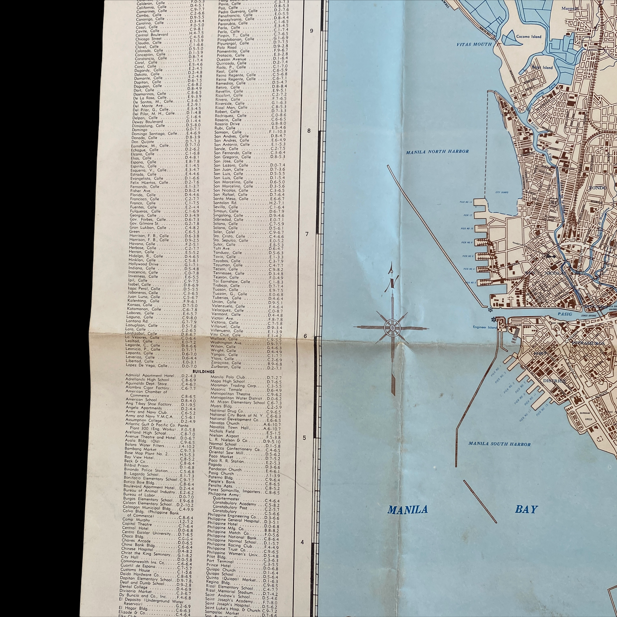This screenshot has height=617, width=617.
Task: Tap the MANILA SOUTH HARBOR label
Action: coord(500,444)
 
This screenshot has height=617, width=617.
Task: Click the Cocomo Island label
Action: coord(529,37)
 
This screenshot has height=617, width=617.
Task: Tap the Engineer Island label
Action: coord(485,327)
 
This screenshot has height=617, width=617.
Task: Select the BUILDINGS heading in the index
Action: coord(203,371)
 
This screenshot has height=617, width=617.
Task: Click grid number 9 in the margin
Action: coord(311,31)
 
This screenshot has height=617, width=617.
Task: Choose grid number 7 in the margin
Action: coord(307,234)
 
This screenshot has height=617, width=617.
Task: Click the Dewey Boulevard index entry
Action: coord(148,122)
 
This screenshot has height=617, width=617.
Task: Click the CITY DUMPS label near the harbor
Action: coord(502,193)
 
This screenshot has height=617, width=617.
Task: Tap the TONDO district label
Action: coord(597,188)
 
